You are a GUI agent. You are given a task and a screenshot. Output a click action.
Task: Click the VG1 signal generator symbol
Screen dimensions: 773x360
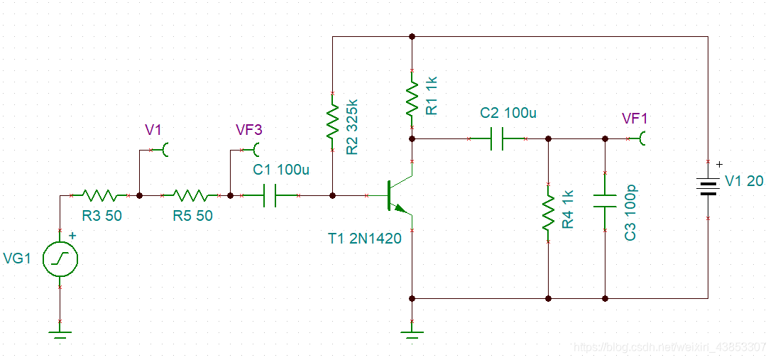60,258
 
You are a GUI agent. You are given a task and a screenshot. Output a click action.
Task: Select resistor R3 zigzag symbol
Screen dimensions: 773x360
99,196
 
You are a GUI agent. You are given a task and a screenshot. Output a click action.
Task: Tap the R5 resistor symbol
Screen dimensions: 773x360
190,196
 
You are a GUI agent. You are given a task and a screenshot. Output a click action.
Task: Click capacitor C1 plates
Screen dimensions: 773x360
270,196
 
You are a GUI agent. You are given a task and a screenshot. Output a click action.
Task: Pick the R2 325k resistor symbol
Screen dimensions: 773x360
333,121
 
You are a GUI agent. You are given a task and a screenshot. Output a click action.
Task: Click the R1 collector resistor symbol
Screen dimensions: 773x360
412,99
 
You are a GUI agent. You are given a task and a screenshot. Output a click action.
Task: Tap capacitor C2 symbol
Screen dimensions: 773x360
497,140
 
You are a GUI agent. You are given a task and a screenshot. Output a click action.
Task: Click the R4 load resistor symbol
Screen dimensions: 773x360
548,212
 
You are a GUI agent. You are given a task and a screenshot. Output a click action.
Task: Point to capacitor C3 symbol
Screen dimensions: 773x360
605,201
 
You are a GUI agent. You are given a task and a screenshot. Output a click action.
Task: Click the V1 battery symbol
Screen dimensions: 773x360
708,187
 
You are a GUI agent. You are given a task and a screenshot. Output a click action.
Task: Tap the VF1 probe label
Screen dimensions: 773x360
635,119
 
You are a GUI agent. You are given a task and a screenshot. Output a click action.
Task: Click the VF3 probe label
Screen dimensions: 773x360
249,130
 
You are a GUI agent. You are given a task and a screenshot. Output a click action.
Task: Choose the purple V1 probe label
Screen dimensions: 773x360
153,130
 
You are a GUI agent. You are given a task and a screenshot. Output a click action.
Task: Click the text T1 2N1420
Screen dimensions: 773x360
365,239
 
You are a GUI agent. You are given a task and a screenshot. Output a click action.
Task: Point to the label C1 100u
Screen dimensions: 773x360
282,170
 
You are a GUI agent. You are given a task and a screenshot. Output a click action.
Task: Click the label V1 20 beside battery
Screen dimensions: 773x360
745,182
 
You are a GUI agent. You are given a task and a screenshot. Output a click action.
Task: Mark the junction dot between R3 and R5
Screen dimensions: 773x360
140,196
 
